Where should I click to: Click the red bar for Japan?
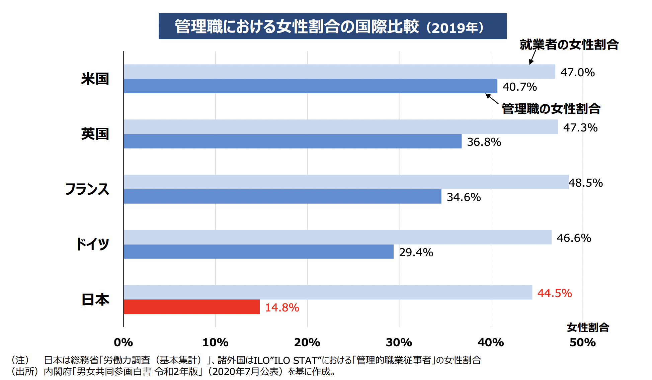pos(191,307)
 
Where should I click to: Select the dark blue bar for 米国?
pos(310,86)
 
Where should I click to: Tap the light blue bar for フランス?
pos(346,182)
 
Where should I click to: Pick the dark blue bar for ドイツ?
pos(258,252)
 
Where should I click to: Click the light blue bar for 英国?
pos(341,127)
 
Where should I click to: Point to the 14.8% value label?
pos(282,307)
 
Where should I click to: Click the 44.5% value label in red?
pos(555,293)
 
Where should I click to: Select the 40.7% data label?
pos(520,87)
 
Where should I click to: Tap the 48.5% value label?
pos(586,183)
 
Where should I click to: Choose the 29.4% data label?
pos(416,252)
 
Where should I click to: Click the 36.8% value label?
pos(484,142)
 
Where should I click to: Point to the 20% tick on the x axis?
pos(307,342)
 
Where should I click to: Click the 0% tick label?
pos(124,342)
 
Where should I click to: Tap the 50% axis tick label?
pos(583,342)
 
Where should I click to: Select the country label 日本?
pos(95,299)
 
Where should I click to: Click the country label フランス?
pos(87,189)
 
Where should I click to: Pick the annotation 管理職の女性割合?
pos(551,109)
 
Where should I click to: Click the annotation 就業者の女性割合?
pos(569,44)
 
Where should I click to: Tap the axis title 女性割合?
pos(588,327)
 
